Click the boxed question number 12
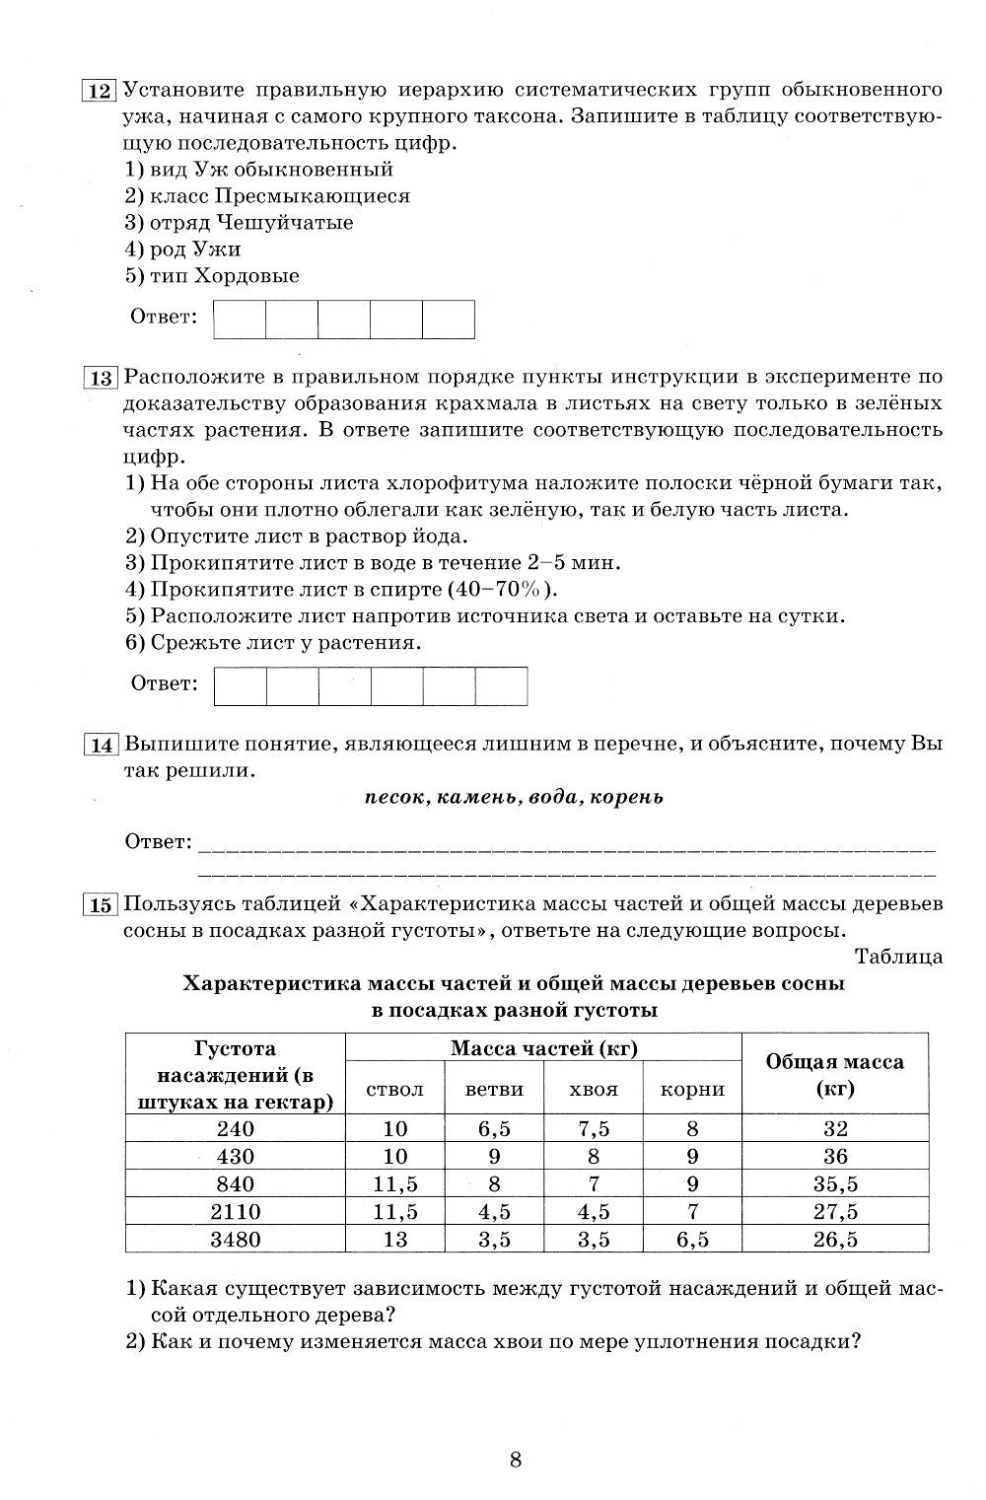100,92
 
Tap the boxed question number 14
102,745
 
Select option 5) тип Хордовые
212,276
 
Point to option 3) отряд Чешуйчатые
239,223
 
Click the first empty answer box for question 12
240,319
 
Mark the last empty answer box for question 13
501,686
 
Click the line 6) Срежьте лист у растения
273,643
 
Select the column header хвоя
594,1090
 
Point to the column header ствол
394,1090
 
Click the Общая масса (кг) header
834,1075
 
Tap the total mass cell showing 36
834,1157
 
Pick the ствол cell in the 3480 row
394,1240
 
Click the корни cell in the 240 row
692,1129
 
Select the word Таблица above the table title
898,957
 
